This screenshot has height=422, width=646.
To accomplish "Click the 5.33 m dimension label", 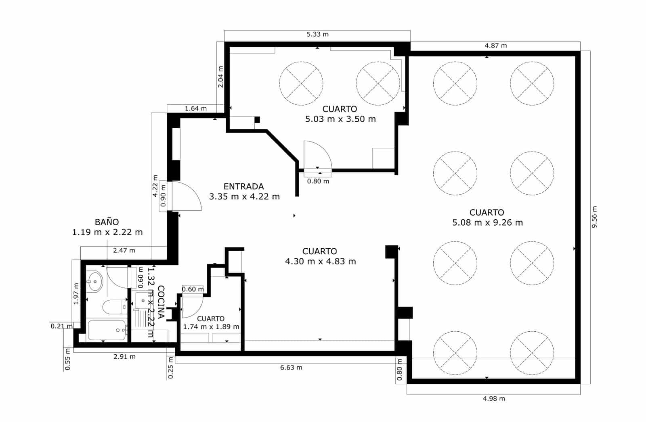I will click(x=317, y=34).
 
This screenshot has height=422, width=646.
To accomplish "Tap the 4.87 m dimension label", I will click(x=495, y=46).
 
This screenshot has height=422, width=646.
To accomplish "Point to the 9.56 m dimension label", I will click(x=594, y=217).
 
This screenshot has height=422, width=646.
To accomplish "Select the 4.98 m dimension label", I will click(x=493, y=399).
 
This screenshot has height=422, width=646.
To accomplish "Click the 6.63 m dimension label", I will click(x=291, y=368).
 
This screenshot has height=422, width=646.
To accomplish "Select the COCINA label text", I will click(x=161, y=302).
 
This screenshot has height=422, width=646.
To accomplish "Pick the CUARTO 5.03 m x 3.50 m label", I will click(x=340, y=114).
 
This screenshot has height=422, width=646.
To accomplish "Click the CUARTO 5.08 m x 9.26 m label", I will click(x=487, y=217).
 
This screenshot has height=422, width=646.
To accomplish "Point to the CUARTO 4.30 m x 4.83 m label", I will click(x=320, y=256).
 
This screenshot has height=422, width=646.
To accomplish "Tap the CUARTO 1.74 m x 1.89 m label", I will click(x=211, y=323).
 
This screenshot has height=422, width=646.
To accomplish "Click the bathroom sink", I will click(x=95, y=281).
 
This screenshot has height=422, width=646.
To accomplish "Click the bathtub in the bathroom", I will click(x=107, y=331).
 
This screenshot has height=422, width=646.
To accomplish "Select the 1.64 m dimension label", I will click(x=196, y=108).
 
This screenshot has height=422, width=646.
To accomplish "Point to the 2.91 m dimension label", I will click(x=124, y=357).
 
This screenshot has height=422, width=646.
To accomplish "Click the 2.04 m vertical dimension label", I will click(x=220, y=77).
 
